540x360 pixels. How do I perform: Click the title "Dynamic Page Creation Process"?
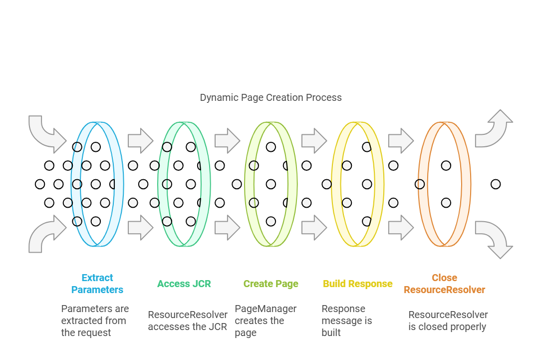pyautogui.click(x=270, y=97)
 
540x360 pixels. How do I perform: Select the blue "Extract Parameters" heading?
pyautogui.click(x=97, y=284)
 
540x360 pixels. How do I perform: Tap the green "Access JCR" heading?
pyautogui.click(x=184, y=284)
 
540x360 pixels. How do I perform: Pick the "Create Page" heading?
pyautogui.click(x=271, y=284)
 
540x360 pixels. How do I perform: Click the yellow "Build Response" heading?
pyautogui.click(x=358, y=284)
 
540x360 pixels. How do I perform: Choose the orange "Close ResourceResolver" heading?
pyautogui.click(x=444, y=284)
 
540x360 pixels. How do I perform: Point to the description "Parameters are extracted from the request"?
pyautogui.click(x=95, y=321)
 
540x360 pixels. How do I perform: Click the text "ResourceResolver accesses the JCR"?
pyautogui.click(x=188, y=321)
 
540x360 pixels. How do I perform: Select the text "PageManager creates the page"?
pyautogui.click(x=266, y=321)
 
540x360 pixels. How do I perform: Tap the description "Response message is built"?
pyautogui.click(x=346, y=321)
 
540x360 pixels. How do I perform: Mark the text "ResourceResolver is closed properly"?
pyautogui.click(x=448, y=321)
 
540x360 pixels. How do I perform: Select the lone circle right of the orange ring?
pyautogui.click(x=496, y=184)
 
